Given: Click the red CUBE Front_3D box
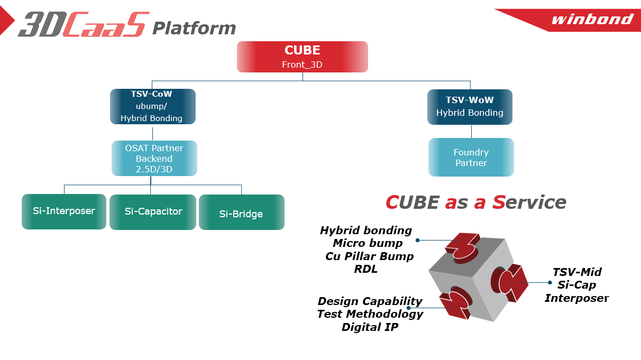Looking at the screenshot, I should coord(302,57).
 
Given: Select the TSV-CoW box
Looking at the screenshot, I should coord(152,106).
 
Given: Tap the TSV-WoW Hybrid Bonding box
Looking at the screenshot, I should coord(470,106).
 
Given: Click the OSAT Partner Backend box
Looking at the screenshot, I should coord(154,158).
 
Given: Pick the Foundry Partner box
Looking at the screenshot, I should coord(471,157).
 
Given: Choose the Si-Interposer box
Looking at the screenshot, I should coord(64,211).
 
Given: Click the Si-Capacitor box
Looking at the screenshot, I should coord(153,211).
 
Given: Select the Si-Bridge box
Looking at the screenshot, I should coord(241,213).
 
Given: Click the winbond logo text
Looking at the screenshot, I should coord(592,20).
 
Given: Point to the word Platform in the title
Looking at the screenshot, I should coord(194,28).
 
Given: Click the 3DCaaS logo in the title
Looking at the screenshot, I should coord(83,25).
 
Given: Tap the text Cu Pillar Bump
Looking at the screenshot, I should coord(369,256).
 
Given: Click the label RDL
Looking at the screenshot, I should coord(366,269).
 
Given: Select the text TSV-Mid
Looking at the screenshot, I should coord(577,272).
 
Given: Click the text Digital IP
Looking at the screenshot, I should coord(370,327).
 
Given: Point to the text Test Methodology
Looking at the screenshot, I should coord(370,314).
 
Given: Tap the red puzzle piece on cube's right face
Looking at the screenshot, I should coord(511,282).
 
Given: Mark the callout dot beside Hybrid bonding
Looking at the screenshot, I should coord(417,240).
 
